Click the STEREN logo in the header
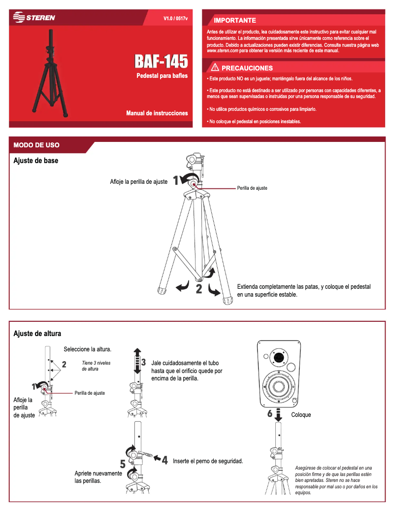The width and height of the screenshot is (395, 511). point(34,18)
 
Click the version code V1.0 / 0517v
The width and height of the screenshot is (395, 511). point(179,18)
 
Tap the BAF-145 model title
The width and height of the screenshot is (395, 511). point(161,62)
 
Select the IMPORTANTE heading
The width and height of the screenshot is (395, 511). point(234,20)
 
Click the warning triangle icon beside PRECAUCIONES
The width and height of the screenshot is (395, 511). point(215,68)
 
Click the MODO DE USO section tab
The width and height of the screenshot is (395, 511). point(36,145)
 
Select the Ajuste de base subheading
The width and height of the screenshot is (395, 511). point(35,161)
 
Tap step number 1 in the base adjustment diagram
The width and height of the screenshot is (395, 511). point(175,180)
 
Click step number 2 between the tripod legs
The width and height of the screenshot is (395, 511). point(199,289)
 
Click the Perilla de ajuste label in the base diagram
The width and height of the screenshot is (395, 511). point(252,188)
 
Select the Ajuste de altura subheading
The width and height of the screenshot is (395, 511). point(37,334)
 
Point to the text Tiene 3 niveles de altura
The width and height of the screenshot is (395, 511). point(96,366)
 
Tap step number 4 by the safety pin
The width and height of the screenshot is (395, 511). point(165,460)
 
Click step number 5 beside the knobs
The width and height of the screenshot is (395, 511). point(123,464)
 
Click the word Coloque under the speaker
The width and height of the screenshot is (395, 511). point(301,415)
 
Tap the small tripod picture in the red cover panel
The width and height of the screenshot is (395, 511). point(50,74)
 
